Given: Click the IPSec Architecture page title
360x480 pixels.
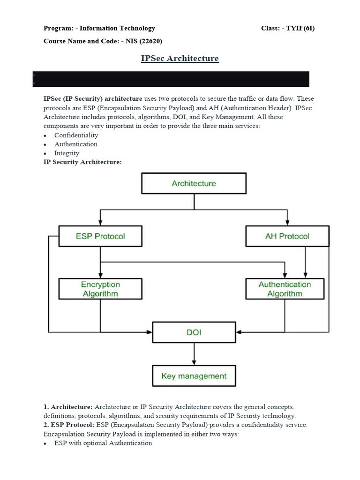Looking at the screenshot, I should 180,59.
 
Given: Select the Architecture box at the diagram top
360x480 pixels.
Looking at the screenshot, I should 194,183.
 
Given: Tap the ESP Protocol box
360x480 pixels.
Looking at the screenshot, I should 100,236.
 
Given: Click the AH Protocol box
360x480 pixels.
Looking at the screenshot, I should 287,236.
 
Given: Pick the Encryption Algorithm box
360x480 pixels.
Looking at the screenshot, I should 100,289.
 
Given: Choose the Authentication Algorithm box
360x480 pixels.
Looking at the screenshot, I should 285,289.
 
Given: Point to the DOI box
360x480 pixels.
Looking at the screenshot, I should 194,332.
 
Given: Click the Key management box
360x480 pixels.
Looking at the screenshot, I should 194,376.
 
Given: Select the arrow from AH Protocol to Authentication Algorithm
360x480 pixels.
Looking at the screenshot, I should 306,262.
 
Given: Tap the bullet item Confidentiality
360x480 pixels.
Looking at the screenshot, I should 76,135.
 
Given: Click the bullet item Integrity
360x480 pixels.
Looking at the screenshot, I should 67,153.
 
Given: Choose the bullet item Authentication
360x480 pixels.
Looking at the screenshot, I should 75,144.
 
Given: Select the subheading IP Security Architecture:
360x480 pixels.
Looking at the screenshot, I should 82,162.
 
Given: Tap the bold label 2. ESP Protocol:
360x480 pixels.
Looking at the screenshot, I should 69,425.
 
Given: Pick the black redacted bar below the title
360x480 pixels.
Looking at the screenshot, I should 171,79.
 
